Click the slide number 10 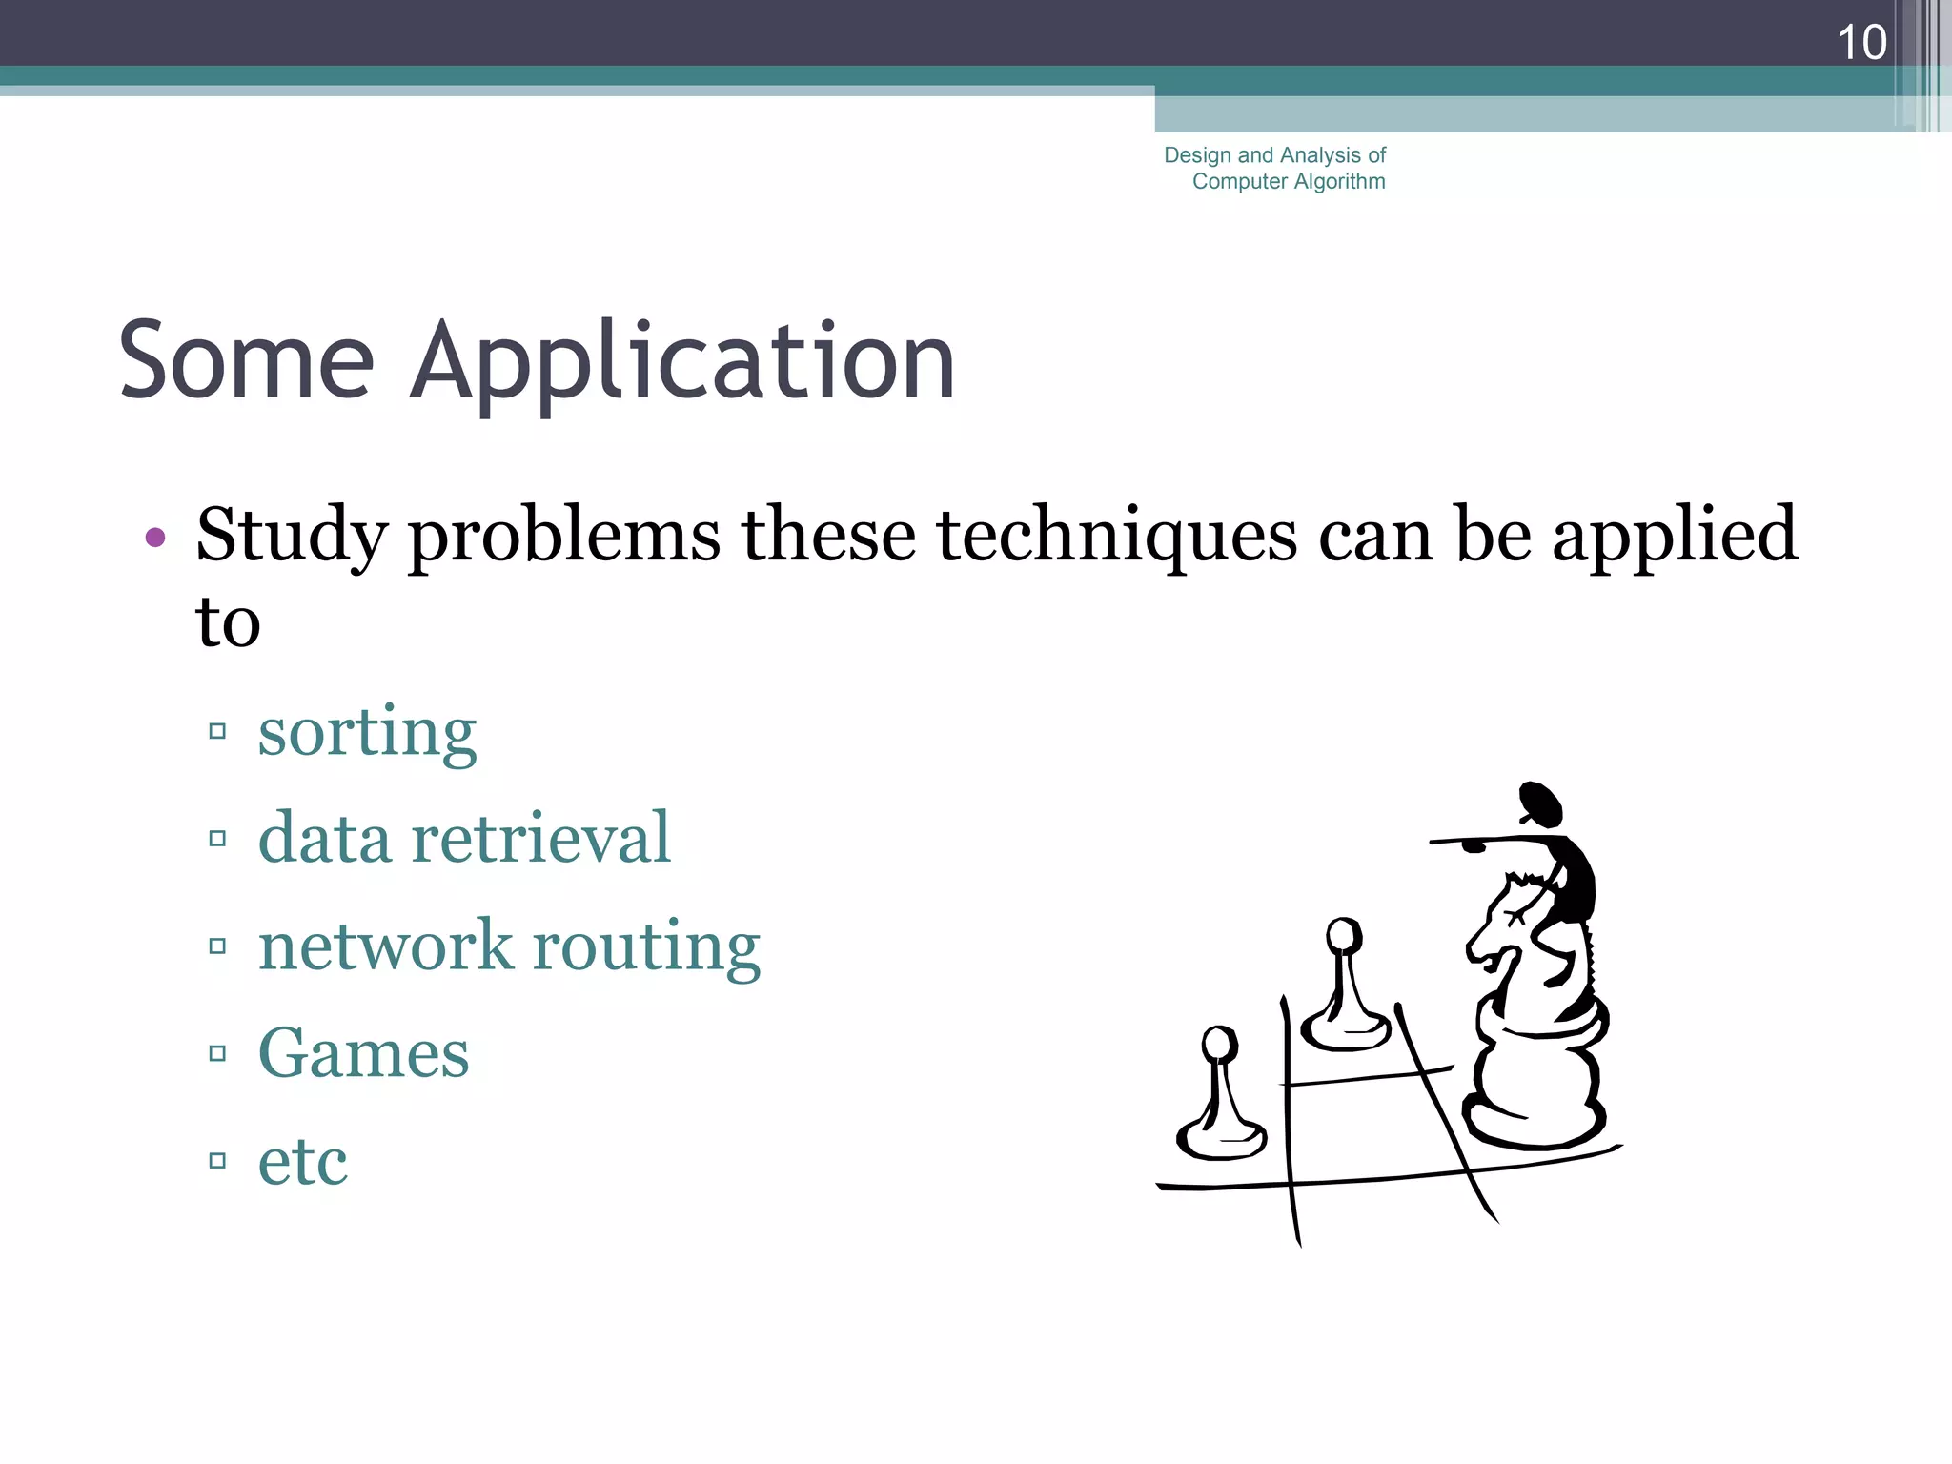coord(1860,43)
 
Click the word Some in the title coord(246,361)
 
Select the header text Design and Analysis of coord(1274,155)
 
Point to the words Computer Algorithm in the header coord(1289,181)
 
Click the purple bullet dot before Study coord(155,538)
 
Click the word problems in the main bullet coord(564,536)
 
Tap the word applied coord(1675,536)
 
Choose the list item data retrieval coord(464,839)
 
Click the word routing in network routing coord(646,946)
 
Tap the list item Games coord(363,1053)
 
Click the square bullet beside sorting coord(217,732)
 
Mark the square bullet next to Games coord(217,1053)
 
